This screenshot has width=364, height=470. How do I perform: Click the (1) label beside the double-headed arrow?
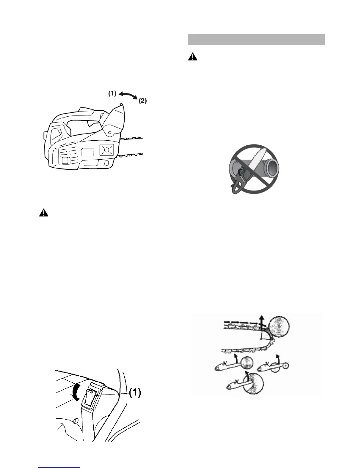112,93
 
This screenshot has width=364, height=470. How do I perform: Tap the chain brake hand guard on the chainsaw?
116,117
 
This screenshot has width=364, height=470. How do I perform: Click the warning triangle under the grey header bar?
193,57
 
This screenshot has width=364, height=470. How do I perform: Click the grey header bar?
256,39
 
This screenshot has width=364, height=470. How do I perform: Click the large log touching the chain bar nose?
279,326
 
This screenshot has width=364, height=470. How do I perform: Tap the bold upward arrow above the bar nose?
262,322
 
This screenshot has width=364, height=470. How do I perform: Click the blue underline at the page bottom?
59,468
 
